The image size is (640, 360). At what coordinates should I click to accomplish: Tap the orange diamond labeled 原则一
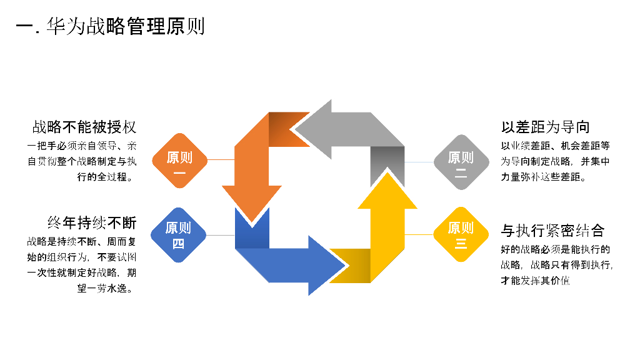(179, 161)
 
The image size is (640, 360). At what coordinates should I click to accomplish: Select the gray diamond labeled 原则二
(461, 161)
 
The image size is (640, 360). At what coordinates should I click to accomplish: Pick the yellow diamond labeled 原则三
(461, 234)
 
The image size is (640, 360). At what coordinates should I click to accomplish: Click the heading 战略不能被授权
(84, 127)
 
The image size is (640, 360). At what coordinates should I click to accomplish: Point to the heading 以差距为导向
(546, 127)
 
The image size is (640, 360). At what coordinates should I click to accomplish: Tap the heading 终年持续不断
(92, 222)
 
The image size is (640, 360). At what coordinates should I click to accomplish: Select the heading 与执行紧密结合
(552, 231)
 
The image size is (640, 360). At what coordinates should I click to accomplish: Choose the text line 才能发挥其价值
(535, 281)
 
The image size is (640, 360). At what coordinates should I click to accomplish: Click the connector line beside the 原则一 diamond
(220, 159)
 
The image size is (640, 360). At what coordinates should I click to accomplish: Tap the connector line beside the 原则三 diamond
(419, 234)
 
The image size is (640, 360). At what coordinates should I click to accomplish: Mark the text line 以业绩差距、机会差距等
(555, 146)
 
